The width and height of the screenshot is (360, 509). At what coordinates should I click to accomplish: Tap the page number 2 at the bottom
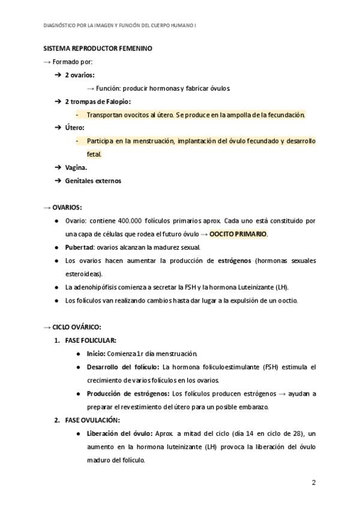click(x=314, y=483)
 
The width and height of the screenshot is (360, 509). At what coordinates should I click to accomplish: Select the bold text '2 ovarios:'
click(x=80, y=74)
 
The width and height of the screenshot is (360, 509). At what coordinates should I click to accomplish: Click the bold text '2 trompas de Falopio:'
click(x=98, y=101)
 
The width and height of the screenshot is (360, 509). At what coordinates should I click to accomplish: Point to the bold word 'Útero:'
click(x=74, y=127)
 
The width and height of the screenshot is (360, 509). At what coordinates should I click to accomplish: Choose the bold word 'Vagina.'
click(x=76, y=167)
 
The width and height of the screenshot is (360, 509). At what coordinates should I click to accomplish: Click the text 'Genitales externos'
click(x=93, y=181)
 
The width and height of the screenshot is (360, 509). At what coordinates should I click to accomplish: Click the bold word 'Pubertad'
click(x=80, y=247)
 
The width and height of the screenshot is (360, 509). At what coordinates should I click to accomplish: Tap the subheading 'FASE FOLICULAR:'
click(x=91, y=340)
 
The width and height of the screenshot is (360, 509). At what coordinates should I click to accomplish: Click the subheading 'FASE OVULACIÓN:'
click(x=92, y=420)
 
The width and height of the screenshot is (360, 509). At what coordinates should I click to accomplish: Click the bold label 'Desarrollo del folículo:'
click(x=123, y=367)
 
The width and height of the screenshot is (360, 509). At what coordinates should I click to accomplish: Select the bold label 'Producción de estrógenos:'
click(x=127, y=393)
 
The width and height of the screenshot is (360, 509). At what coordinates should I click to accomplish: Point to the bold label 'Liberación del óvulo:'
click(x=119, y=433)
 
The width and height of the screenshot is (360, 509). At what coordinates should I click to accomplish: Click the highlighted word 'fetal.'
click(x=94, y=154)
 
